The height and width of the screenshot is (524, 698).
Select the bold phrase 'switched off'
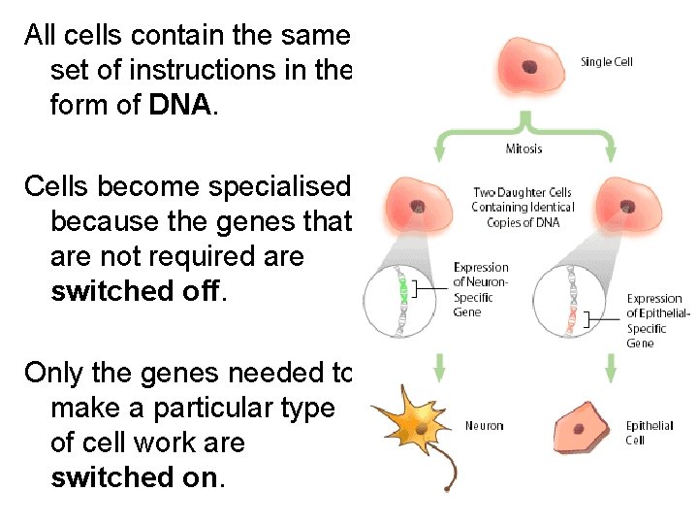coord(136,292)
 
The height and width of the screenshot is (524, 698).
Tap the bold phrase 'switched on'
coord(136,477)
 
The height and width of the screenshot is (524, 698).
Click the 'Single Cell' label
coord(607,62)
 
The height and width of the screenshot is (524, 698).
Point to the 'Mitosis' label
coord(524,148)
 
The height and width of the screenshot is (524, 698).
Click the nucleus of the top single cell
coord(529,67)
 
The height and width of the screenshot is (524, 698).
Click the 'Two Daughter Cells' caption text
coord(523,207)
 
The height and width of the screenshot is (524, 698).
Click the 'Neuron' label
coord(484,426)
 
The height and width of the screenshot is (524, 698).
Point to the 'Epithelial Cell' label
coord(649,433)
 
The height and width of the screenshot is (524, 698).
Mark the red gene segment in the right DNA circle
coord(573,318)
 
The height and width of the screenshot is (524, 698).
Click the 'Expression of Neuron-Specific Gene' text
coord(481,289)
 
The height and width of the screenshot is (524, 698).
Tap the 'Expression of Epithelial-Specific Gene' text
coord(658,320)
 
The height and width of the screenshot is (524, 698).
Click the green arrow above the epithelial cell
coord(611,367)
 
